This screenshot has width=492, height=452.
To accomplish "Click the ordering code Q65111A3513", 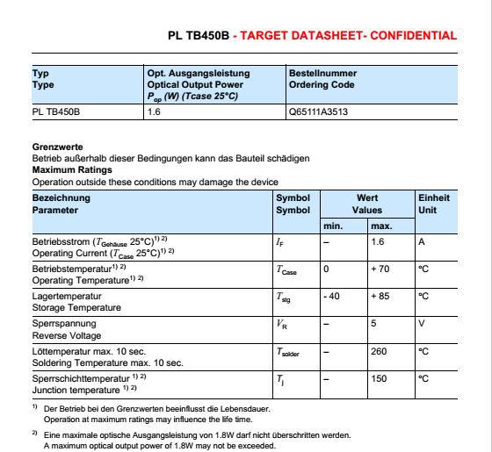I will tap(318, 111).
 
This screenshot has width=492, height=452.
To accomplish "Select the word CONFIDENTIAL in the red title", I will tap(414, 36).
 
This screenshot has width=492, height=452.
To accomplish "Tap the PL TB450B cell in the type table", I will tap(56, 111).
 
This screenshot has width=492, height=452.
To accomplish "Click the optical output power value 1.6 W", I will tap(154, 111).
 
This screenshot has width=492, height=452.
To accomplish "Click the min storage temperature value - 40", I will tap(332, 298).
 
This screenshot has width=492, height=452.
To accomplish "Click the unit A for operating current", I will tap(422, 240).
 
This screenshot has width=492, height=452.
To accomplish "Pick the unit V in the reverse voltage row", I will tap(422, 325).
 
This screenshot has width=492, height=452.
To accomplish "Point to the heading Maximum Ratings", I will tap(72, 169).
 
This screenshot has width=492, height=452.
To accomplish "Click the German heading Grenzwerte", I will tap(57, 147).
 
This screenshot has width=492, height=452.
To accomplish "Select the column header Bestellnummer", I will tap(322, 73).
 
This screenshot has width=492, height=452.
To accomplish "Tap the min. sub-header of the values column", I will tap(333, 226).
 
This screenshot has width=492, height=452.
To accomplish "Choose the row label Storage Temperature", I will tap(76, 308).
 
